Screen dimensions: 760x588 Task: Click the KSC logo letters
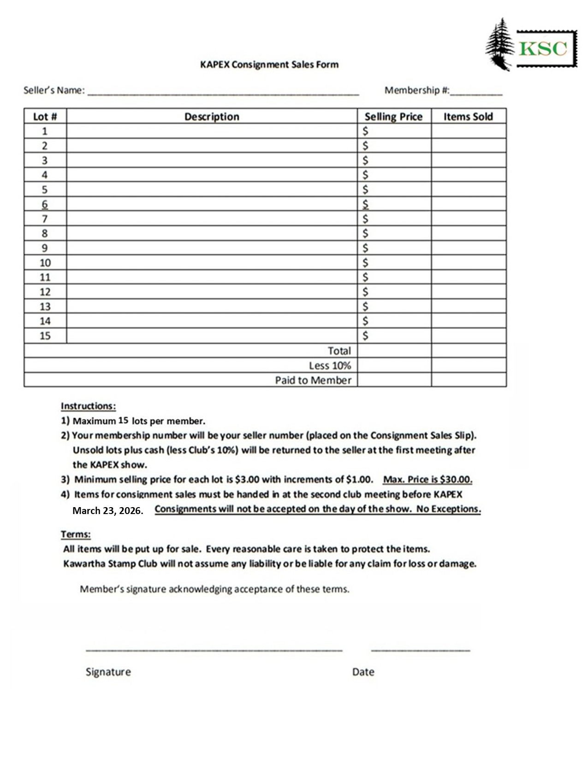tap(543, 48)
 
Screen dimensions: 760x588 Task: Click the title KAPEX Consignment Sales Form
tap(269, 64)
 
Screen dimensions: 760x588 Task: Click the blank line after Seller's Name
tap(223, 94)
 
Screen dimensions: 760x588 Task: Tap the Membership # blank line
tap(476, 94)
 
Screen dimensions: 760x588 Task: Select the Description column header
tap(212, 117)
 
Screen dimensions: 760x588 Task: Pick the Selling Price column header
tap(393, 117)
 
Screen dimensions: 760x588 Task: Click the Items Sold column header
tap(468, 117)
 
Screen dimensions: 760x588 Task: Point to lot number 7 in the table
tap(45, 219)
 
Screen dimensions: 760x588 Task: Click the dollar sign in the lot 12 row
tap(365, 292)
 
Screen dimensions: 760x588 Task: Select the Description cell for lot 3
tap(212, 160)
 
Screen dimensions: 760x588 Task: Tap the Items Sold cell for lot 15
tap(469, 335)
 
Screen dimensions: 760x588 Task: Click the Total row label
tap(339, 351)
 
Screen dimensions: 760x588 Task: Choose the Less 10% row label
tap(330, 366)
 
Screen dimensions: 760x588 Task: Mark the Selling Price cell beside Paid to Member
tap(394, 380)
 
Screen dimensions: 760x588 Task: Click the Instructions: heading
tap(88, 406)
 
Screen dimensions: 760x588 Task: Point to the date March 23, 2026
tap(107, 511)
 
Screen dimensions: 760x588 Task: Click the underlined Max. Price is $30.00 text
tap(428, 479)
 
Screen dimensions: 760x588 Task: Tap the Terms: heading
tap(76, 534)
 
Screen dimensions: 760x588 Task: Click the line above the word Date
tap(420, 650)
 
